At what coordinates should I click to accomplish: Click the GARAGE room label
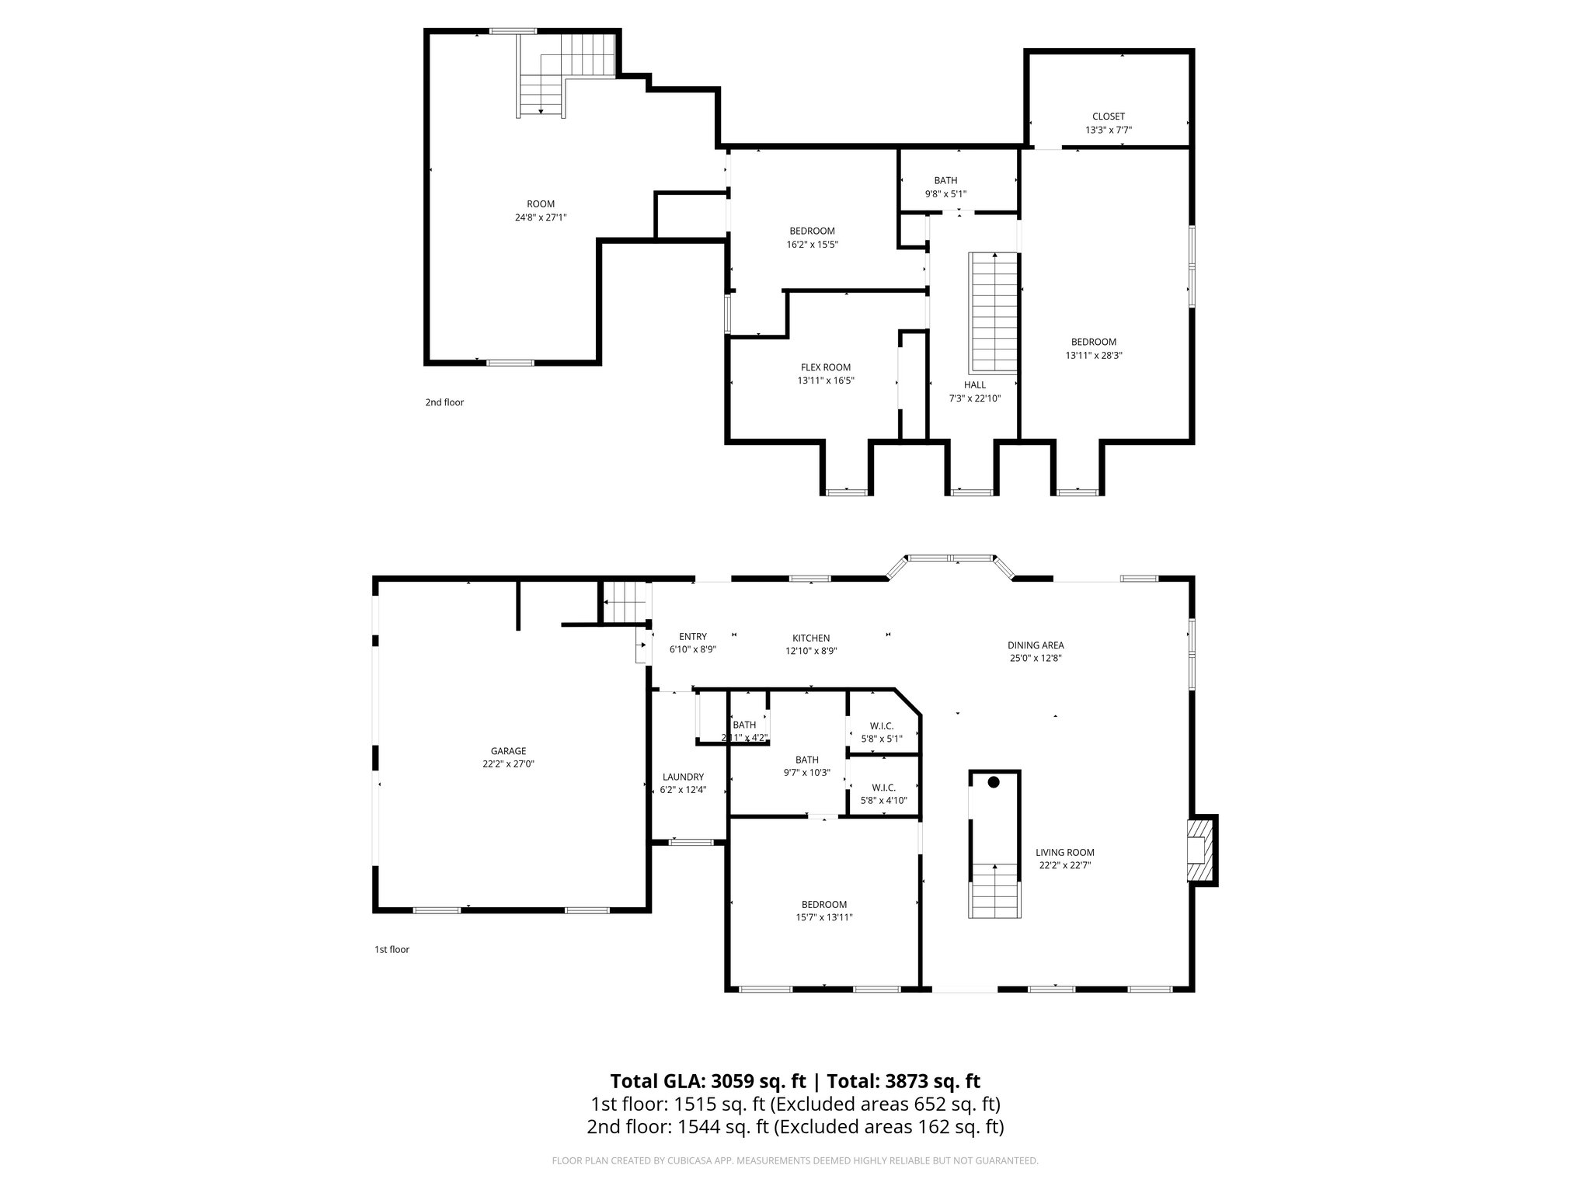click(x=508, y=751)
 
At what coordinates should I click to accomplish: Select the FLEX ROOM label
click(x=825, y=367)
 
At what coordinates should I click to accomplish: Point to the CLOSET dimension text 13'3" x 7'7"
click(x=1108, y=130)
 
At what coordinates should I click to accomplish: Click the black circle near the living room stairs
click(x=993, y=782)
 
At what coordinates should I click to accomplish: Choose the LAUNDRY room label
click(x=683, y=777)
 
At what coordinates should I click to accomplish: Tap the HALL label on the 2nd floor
click(x=974, y=384)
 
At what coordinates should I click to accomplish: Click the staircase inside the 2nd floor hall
click(x=993, y=312)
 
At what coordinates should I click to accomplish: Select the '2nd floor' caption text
click(x=444, y=402)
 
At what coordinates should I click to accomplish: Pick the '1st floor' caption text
click(x=392, y=949)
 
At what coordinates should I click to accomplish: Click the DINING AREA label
click(x=1035, y=645)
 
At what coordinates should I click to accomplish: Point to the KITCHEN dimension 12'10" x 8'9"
click(x=811, y=652)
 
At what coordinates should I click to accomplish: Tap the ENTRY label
click(x=692, y=636)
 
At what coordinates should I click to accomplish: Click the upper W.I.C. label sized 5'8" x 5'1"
click(x=882, y=725)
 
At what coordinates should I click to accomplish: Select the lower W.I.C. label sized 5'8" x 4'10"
click(x=883, y=787)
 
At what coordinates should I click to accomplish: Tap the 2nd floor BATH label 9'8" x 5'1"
click(x=945, y=180)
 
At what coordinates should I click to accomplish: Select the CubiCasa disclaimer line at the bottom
click(x=795, y=1161)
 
